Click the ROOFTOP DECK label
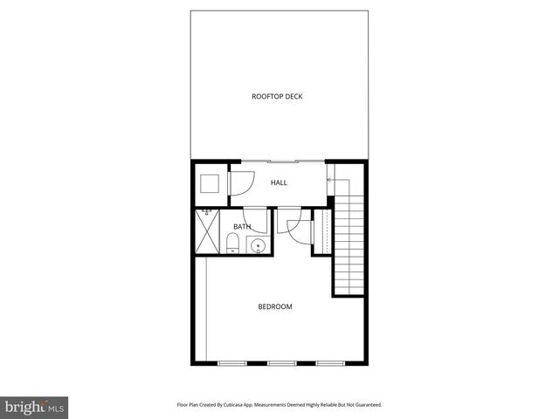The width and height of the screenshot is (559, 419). pos(277,97)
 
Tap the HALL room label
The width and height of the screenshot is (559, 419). pos(279,182)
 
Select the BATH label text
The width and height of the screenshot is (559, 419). pos(241,227)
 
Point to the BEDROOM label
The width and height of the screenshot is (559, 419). pos(275,306)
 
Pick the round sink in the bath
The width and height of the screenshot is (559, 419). pos(259,246)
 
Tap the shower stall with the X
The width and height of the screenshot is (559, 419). pos(206,233)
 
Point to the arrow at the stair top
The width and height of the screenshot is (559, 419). pos(329,180)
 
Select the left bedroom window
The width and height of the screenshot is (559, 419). pos(232,362)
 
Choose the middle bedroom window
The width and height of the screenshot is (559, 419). pos(280,362)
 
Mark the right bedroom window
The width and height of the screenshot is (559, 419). pos(328,362)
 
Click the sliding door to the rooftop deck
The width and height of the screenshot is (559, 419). pos(281,161)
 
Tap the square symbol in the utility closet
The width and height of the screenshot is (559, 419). pos(210,183)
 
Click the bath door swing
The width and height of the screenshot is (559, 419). pos(254,218)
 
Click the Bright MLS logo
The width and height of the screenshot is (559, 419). pos(34,408)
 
